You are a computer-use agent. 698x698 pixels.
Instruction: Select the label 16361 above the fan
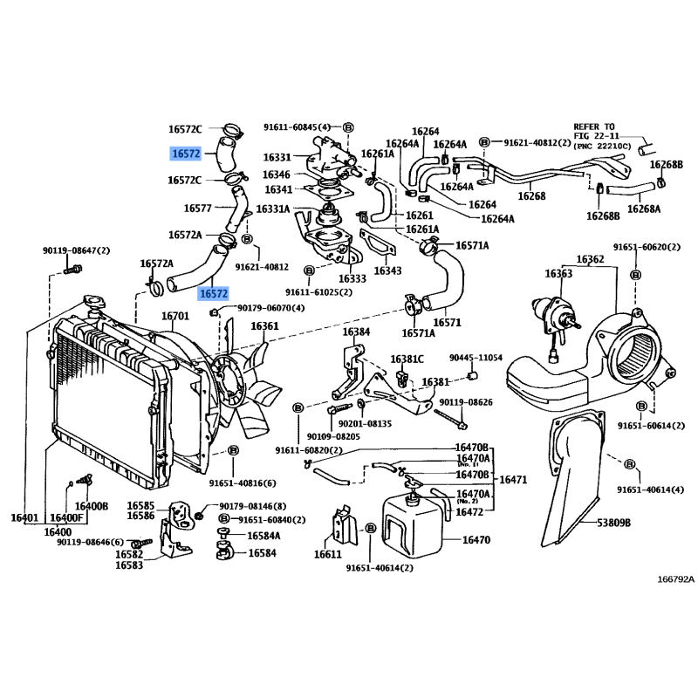pos(264,326)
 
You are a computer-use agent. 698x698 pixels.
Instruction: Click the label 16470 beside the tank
pos(476,540)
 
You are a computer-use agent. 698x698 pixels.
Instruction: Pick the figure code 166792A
pos(676,578)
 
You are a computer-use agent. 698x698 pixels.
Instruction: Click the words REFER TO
pos(594,127)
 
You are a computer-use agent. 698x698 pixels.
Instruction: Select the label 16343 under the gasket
pos(387,271)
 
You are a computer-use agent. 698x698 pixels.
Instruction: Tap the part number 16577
pos(198,208)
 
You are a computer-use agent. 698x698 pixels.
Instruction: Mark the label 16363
pos(558,274)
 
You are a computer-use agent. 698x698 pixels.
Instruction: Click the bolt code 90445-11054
pos(476,358)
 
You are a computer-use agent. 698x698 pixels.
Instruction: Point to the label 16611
pos(327,554)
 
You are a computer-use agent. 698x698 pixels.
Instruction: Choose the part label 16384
pos(355,332)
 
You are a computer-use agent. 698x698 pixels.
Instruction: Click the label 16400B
pos(91,506)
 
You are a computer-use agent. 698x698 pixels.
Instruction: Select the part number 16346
pos(277,174)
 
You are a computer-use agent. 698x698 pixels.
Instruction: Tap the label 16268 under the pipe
pos(531,196)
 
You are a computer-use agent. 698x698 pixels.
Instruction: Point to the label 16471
pos(513,480)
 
